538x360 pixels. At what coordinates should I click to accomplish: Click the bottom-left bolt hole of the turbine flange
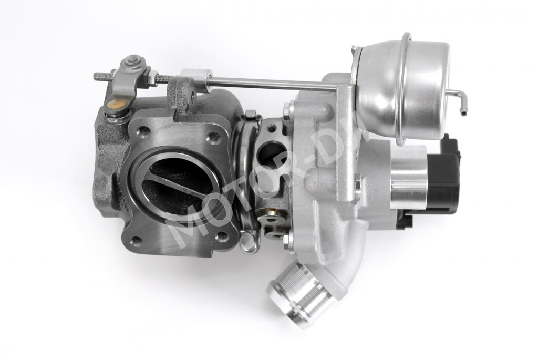click(x=137, y=241)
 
